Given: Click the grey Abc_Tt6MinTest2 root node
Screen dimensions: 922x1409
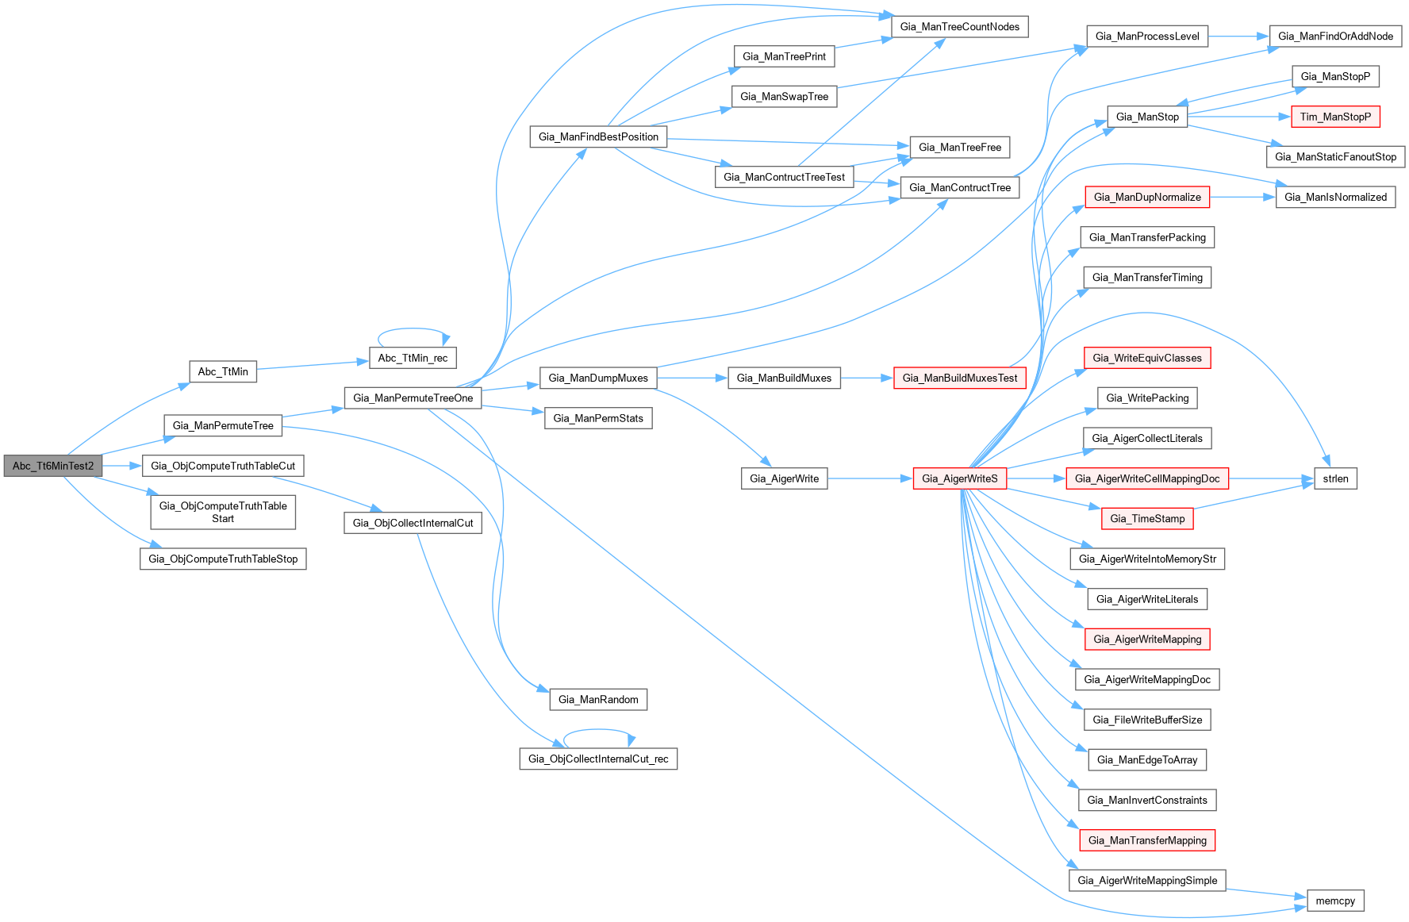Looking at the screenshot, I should tap(53, 466).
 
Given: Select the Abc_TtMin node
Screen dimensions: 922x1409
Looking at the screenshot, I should tap(223, 371).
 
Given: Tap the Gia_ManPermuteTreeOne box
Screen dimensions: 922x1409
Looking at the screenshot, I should tap(413, 398).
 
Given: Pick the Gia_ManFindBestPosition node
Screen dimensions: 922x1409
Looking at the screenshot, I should tap(598, 136).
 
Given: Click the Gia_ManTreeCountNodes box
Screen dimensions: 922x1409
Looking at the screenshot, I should tap(960, 26).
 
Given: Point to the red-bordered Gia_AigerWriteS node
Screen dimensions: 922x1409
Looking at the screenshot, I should tap(959, 478).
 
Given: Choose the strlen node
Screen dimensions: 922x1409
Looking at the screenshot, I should tap(1335, 478).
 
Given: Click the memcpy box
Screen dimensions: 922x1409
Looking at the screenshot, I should tap(1335, 901).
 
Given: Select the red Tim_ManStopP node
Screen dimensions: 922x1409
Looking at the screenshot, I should tap(1335, 117).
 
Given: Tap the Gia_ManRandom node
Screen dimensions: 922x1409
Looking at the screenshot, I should tap(598, 699).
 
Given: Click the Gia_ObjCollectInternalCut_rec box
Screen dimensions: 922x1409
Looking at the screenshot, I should tap(598, 759).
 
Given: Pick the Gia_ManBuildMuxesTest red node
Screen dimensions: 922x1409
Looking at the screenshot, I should tap(959, 378).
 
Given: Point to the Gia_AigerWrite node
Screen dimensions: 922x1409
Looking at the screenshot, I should tap(784, 478).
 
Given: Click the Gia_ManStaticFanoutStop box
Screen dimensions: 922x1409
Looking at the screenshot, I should tap(1335, 156).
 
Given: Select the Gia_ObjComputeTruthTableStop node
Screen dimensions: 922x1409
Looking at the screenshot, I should tap(223, 559).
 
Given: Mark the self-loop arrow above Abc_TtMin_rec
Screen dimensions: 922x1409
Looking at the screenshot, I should tap(413, 329).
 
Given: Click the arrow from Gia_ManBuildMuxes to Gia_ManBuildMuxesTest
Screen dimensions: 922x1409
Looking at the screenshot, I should tap(866, 378).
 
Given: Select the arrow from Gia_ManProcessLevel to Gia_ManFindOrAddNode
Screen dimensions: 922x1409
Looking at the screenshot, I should tap(1238, 36).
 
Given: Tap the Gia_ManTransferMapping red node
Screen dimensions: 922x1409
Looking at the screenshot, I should tap(1147, 840).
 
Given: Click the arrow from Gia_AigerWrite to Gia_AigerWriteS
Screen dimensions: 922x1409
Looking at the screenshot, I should tap(870, 478).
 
